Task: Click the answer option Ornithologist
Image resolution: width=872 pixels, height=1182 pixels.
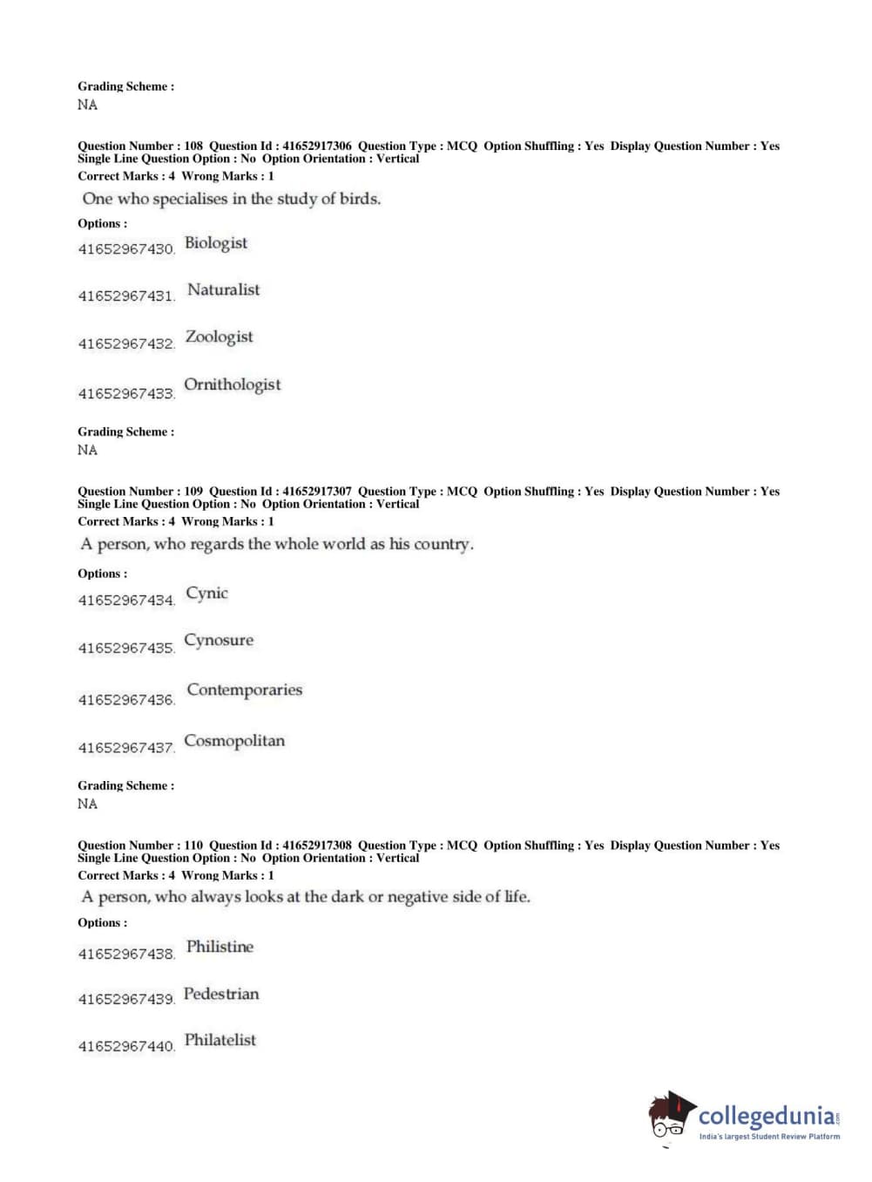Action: coord(233,384)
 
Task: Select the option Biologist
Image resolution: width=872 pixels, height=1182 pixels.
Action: coord(216,243)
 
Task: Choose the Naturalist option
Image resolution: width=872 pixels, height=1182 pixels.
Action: coord(224,289)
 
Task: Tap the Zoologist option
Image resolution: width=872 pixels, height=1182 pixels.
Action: coord(220,336)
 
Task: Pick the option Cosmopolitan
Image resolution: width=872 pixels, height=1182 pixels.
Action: coord(234,741)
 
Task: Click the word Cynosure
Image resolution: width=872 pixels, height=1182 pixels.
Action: coord(219,640)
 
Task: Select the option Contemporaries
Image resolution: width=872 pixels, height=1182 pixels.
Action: coord(245,689)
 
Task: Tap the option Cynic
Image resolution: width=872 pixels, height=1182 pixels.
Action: coord(207,593)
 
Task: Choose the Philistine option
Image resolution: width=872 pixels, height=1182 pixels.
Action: coord(220,947)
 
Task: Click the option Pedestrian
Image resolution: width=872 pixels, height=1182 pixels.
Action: coord(221,994)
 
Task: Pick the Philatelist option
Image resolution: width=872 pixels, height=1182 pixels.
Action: coord(220,1040)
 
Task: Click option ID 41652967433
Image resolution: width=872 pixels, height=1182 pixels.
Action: coord(126,394)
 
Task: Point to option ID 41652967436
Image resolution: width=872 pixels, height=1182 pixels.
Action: coord(126,700)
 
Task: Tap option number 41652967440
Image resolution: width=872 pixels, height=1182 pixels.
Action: coord(126,1046)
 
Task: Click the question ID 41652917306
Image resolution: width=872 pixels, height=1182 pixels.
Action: coord(317,146)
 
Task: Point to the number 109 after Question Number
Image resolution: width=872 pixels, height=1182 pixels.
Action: coord(193,492)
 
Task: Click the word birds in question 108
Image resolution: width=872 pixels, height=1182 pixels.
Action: coord(359,199)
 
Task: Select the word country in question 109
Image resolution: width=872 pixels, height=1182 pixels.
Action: coord(443,544)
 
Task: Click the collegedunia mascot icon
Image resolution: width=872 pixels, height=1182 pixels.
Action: coord(672,1116)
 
